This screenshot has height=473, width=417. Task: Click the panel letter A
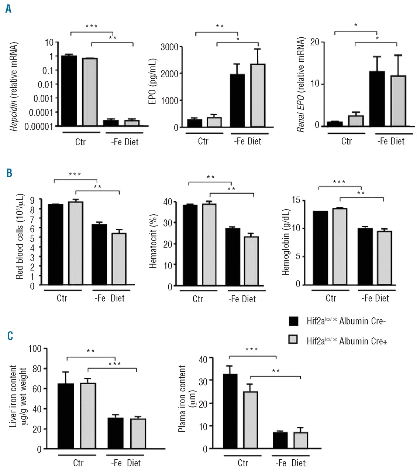[x=8, y=9]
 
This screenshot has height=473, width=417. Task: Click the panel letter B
[x=9, y=173]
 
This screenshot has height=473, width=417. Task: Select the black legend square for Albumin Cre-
[x=293, y=321]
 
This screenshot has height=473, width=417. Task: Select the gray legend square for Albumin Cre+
[x=293, y=339]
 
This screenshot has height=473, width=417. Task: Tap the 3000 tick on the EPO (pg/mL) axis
[x=169, y=47]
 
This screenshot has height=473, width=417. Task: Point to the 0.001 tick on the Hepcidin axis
[x=43, y=99]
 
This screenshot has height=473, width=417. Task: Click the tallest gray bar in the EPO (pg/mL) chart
[x=258, y=95]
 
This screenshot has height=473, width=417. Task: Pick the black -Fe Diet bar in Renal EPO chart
[x=377, y=99]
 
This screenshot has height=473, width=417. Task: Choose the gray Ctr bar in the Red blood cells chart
[x=76, y=243]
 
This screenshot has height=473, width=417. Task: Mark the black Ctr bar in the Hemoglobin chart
[x=320, y=248]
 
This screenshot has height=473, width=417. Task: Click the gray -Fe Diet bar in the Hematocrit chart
[x=251, y=261]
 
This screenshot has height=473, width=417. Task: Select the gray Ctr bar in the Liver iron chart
[x=88, y=416]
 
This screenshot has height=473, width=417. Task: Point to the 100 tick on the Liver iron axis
[x=35, y=348]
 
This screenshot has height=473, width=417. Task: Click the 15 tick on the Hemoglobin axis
[x=296, y=200]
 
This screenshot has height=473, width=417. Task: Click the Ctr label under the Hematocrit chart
[x=198, y=299]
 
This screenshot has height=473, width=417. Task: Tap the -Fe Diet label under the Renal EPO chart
[x=391, y=141]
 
